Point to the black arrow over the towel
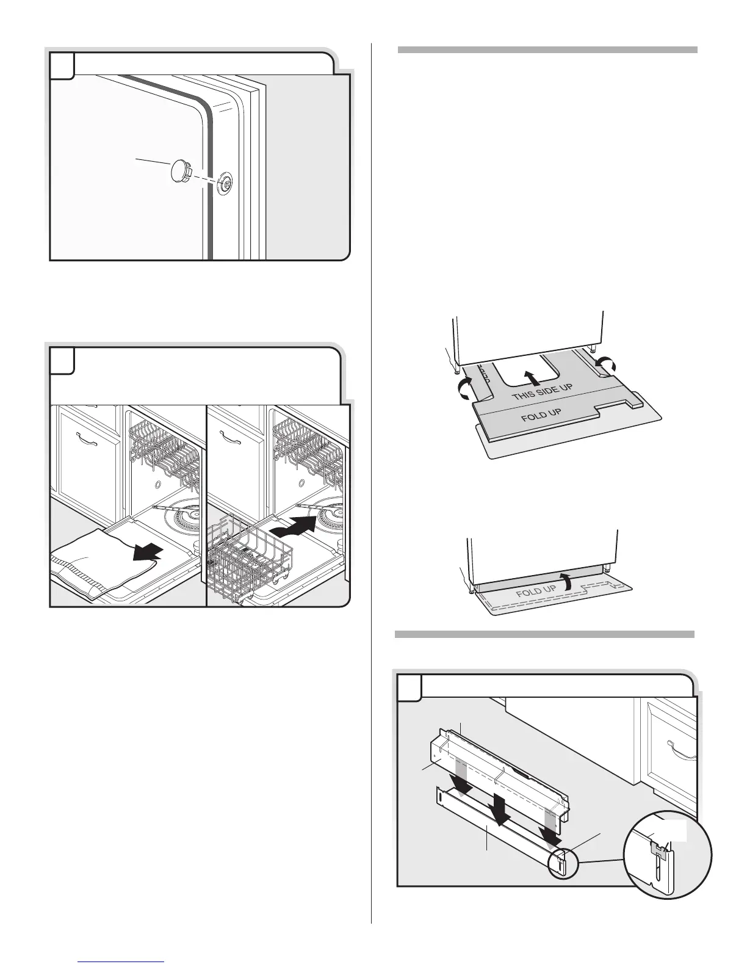(149, 551)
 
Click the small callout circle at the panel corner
(561, 864)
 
